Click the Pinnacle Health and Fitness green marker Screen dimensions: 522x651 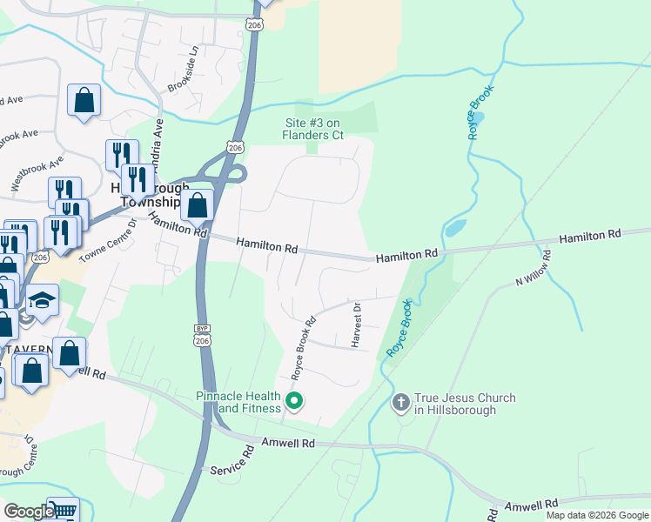tap(295, 401)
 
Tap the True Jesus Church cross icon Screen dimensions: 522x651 tap(400, 402)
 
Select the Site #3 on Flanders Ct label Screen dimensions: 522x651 tap(313, 129)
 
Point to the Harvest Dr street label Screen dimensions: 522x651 tap(356, 325)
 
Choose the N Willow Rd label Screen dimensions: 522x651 tap(534, 269)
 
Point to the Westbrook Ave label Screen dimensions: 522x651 tap(37, 173)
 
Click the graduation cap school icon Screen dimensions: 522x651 tap(42, 300)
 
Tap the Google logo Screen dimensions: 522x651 tap(29, 512)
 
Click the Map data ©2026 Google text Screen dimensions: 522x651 tap(597, 515)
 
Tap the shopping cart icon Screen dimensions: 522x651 tap(62, 511)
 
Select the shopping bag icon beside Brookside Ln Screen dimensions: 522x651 tap(84, 100)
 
